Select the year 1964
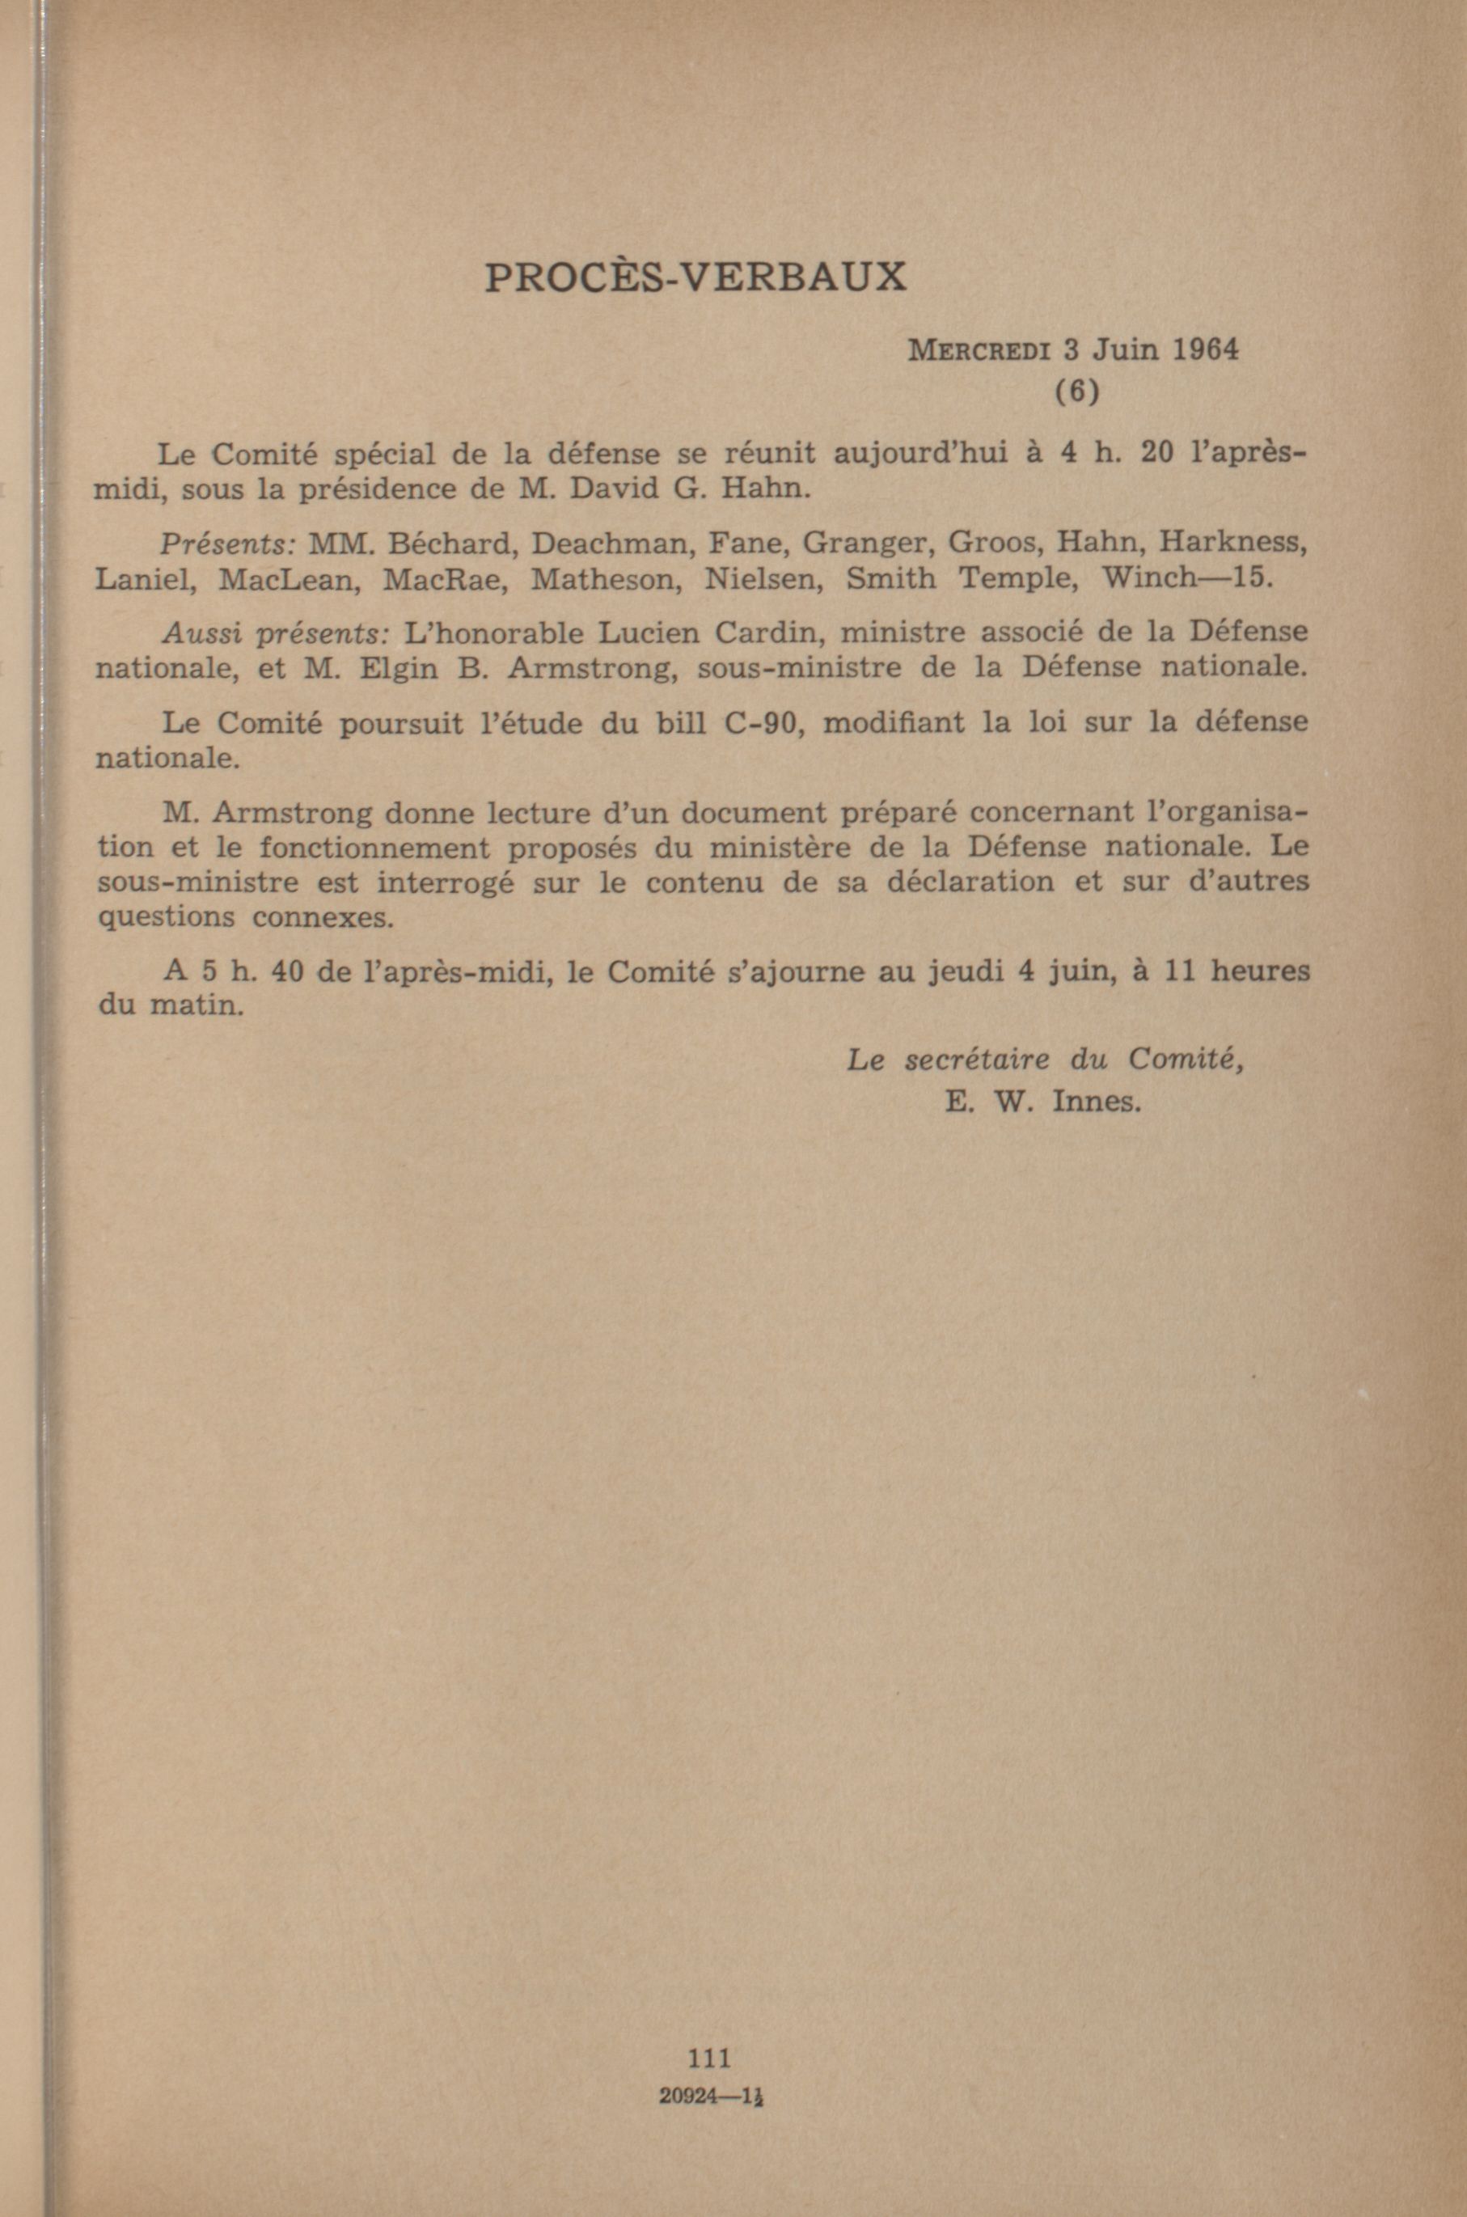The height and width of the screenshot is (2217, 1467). (1205, 350)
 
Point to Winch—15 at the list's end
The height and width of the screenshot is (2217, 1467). (1186, 578)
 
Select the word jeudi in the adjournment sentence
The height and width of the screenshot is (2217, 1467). (961, 972)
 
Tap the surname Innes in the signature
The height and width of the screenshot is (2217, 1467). (1097, 1101)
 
